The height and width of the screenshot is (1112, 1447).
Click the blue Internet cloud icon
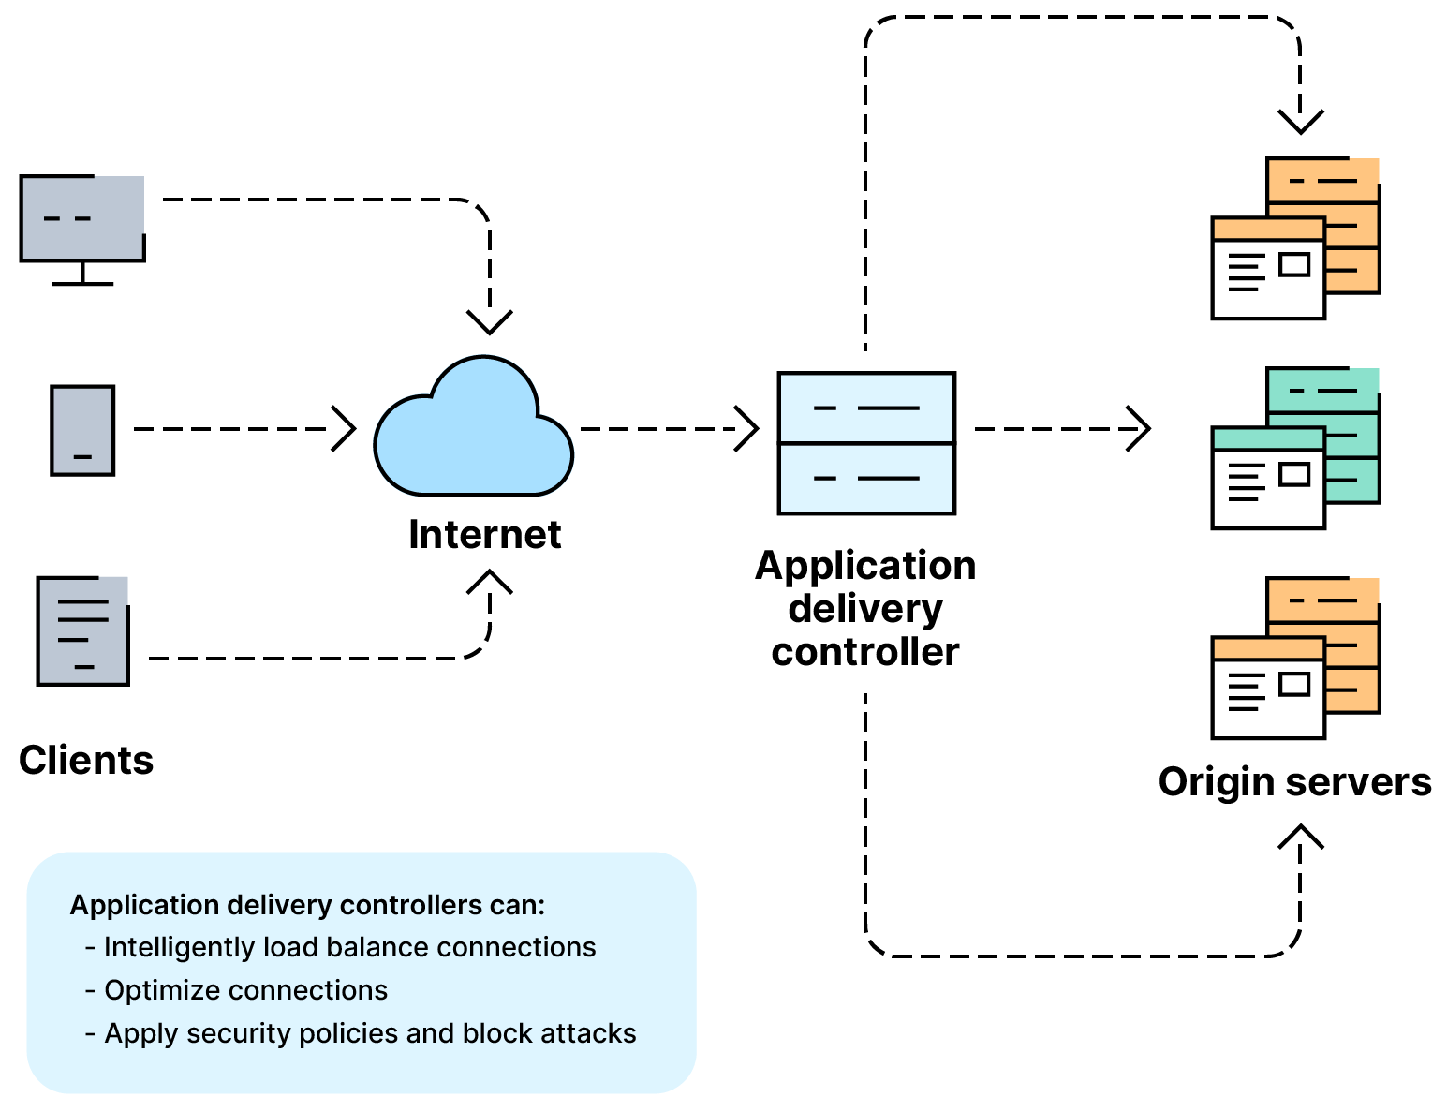tap(473, 431)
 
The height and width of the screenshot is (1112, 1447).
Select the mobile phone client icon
tap(82, 430)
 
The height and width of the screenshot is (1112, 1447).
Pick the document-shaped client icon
tap(82, 630)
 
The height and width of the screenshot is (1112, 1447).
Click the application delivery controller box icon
tap(866, 443)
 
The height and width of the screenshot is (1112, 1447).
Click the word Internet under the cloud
tap(484, 535)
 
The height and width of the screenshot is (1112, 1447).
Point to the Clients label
tap(86, 760)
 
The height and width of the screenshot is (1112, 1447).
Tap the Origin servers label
tap(1294, 781)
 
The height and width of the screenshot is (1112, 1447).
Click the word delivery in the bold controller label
tap(865, 609)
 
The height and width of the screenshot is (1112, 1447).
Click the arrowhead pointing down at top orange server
tap(1301, 122)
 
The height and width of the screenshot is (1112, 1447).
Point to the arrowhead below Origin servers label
tap(1301, 836)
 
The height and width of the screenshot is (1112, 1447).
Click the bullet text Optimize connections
tap(245, 990)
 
